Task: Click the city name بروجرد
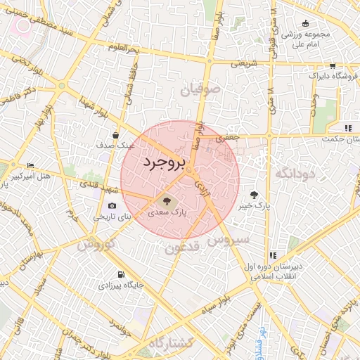(164, 162)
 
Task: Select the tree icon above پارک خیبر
(253, 194)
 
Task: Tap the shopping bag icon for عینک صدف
(115, 135)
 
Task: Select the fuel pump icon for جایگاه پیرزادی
(120, 274)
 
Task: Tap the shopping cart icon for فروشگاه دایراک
(331, 65)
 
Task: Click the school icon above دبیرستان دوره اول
(272, 255)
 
